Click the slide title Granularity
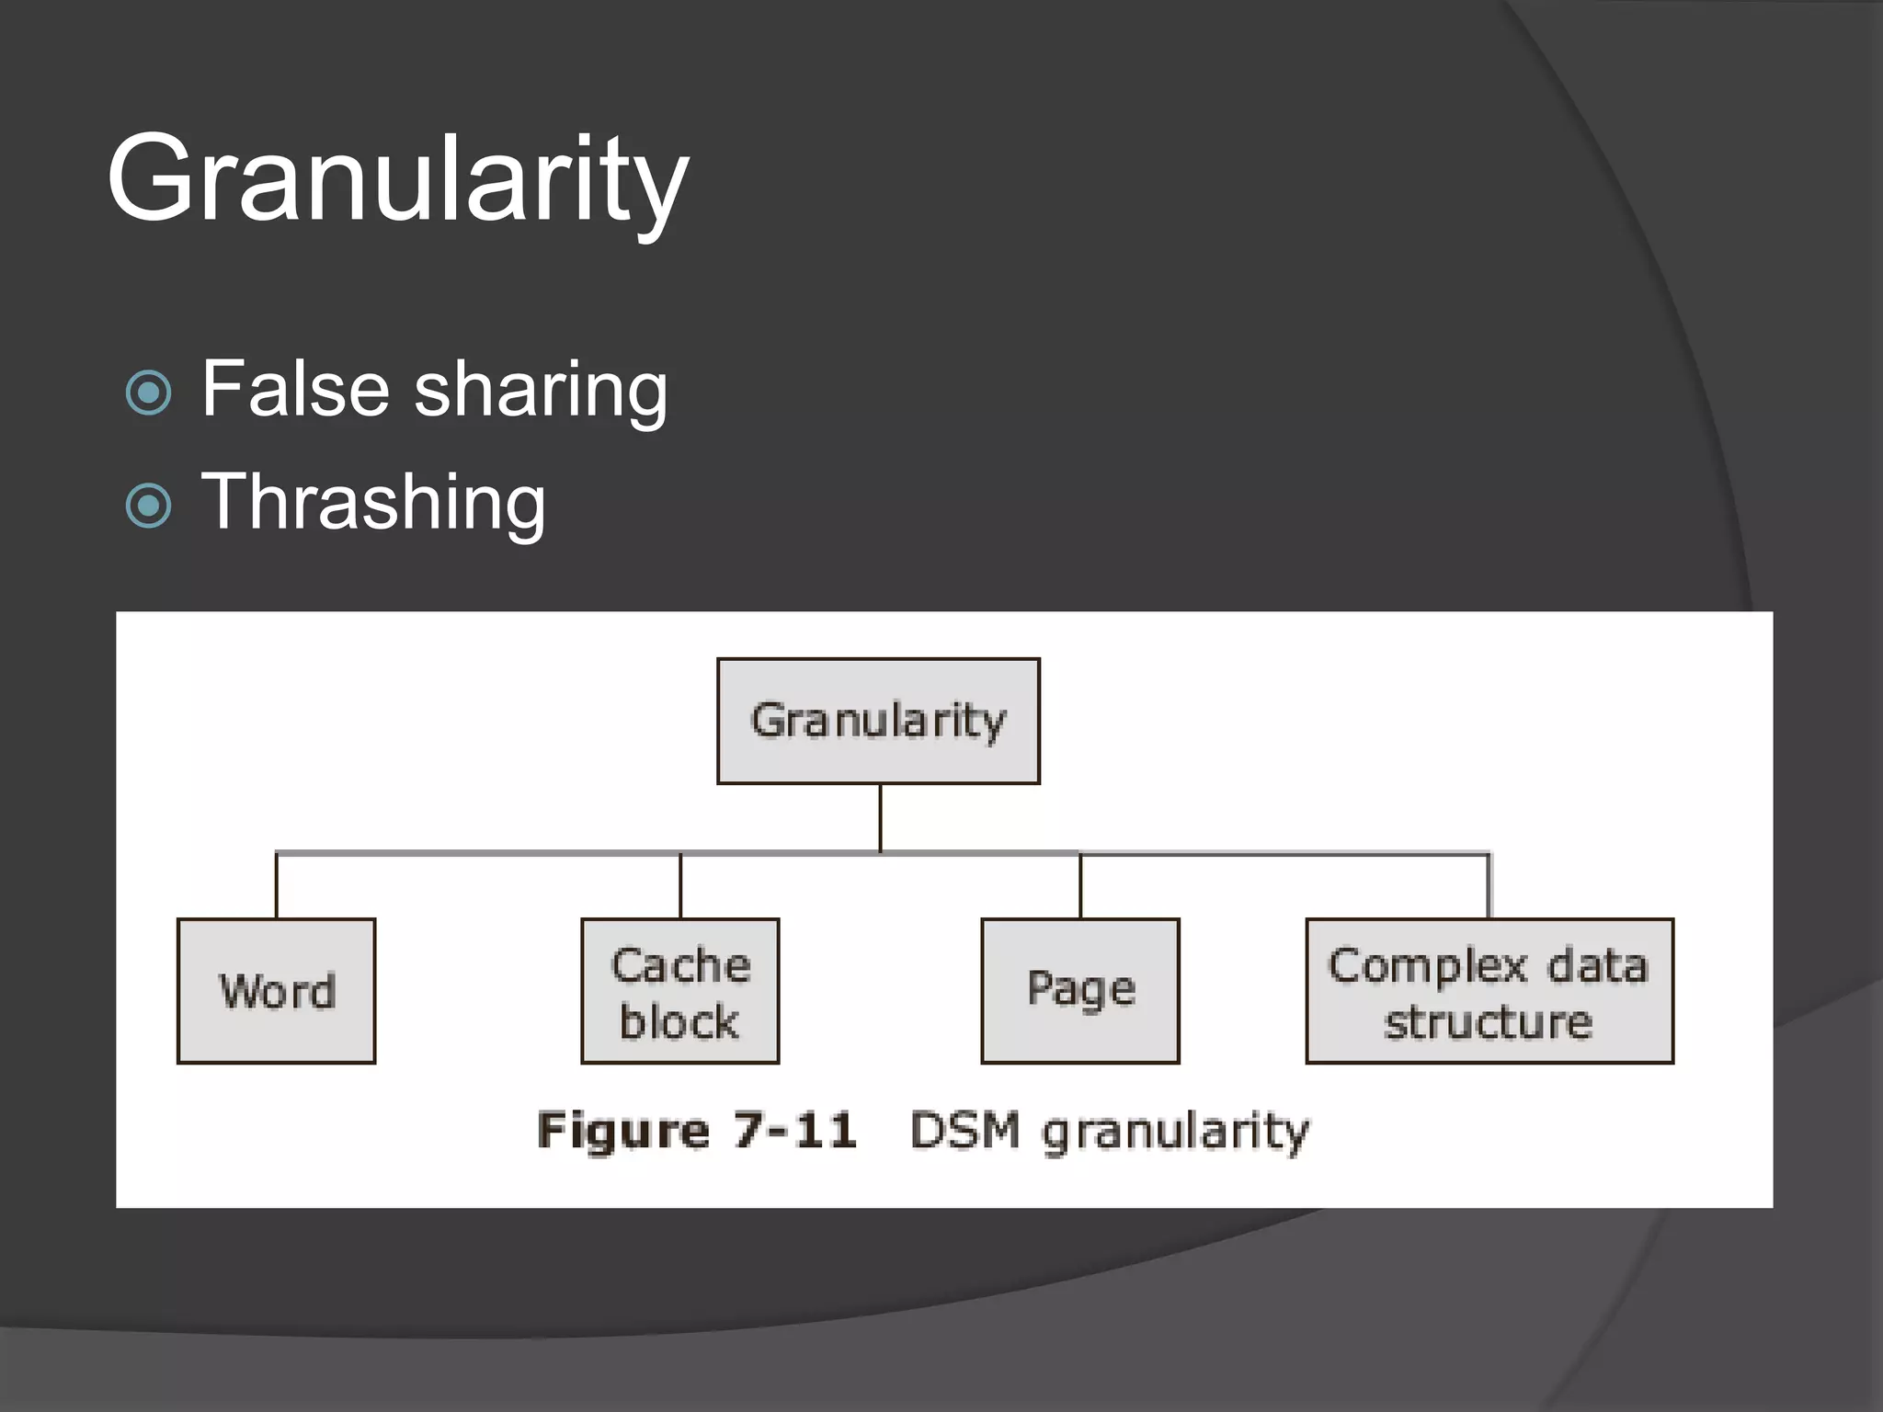click(x=397, y=178)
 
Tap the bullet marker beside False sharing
click(x=148, y=393)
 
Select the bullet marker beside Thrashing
click(x=148, y=505)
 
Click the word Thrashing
click(x=373, y=502)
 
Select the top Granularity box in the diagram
click(x=878, y=721)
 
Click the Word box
click(x=277, y=991)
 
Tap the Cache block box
click(x=680, y=991)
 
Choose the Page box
click(x=1080, y=991)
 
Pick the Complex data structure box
click(x=1489, y=991)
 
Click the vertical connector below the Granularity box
click(x=880, y=818)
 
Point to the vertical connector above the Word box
click(x=277, y=886)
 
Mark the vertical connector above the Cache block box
click(x=680, y=886)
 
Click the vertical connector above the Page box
click(x=1080, y=886)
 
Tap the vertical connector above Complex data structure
click(x=1489, y=886)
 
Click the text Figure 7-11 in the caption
click(x=697, y=1130)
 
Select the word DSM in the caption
click(x=965, y=1130)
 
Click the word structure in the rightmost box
click(x=1489, y=1022)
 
